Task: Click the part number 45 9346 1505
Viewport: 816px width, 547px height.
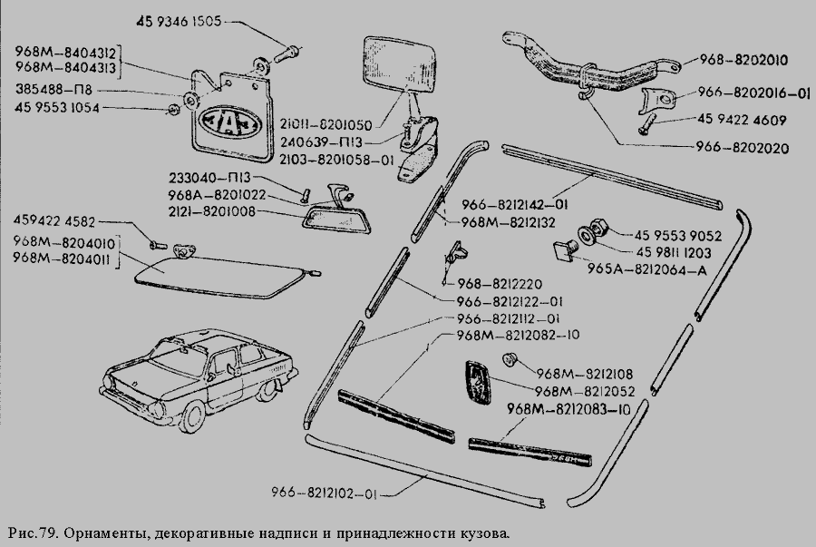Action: point(179,22)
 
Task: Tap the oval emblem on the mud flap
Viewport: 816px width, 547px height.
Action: point(229,123)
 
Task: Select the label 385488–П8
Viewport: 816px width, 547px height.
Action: point(53,90)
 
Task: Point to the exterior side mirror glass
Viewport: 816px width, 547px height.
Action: point(400,62)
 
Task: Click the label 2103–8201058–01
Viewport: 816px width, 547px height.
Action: point(336,160)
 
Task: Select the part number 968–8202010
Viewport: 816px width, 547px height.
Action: point(743,59)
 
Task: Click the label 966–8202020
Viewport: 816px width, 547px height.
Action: point(743,148)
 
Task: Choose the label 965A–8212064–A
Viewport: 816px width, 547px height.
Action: point(646,270)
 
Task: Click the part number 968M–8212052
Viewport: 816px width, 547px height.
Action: point(585,391)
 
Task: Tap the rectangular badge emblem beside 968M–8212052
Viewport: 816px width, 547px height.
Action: point(477,383)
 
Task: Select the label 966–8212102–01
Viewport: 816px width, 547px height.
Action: point(323,493)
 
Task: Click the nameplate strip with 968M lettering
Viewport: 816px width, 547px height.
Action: point(529,452)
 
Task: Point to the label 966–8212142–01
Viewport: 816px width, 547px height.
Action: point(515,204)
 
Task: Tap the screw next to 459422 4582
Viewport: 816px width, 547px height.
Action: point(158,244)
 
